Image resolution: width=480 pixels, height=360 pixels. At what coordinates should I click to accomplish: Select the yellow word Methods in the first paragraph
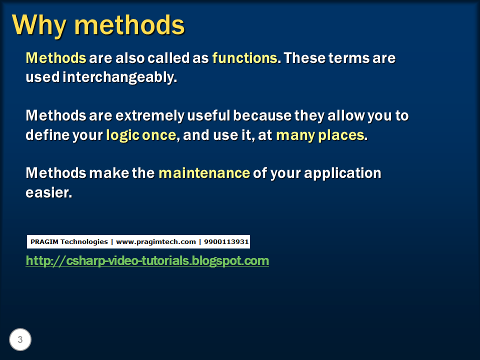[x=56, y=58]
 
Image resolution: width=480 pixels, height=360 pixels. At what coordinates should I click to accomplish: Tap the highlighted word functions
[x=244, y=58]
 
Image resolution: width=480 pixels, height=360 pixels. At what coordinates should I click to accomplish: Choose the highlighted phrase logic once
[x=141, y=135]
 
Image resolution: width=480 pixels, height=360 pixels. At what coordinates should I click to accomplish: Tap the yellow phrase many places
[x=320, y=135]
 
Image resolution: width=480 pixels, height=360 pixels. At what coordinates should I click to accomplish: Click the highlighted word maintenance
[x=204, y=173]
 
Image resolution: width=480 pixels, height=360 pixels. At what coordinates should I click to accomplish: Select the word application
[x=342, y=173]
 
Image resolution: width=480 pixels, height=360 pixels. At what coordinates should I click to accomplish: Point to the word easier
[x=48, y=193]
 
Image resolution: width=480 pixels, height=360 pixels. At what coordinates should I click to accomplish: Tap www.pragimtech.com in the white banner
[x=156, y=242]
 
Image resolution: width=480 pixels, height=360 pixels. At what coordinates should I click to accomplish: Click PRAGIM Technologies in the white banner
[x=69, y=242]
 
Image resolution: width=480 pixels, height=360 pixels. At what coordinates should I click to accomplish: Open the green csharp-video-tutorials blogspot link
[x=147, y=261]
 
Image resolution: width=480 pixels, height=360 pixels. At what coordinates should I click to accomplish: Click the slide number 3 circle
[x=20, y=340]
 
